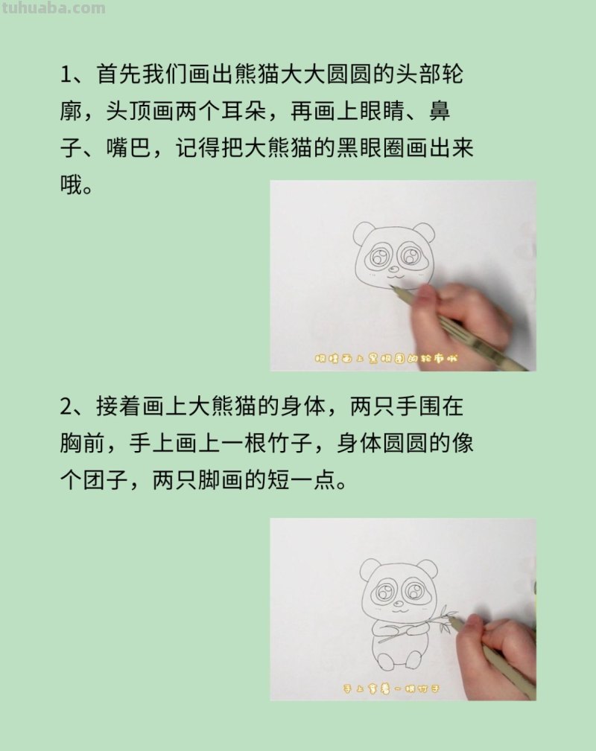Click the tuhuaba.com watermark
[x=53, y=8]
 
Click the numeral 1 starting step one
[x=65, y=75]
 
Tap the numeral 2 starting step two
[x=66, y=408]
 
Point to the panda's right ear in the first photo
[x=424, y=231]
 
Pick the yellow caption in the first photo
[x=385, y=359]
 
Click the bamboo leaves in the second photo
[x=446, y=618]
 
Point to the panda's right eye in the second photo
[x=413, y=593]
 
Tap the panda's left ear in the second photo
[x=370, y=569]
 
